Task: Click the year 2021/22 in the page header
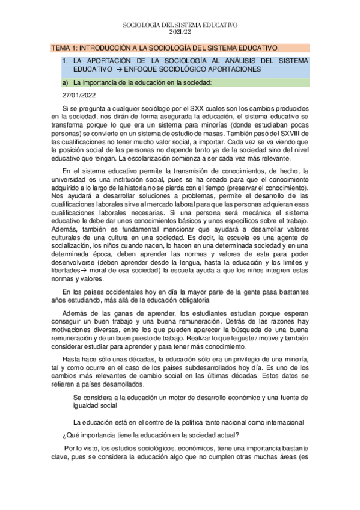[x=180, y=31]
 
